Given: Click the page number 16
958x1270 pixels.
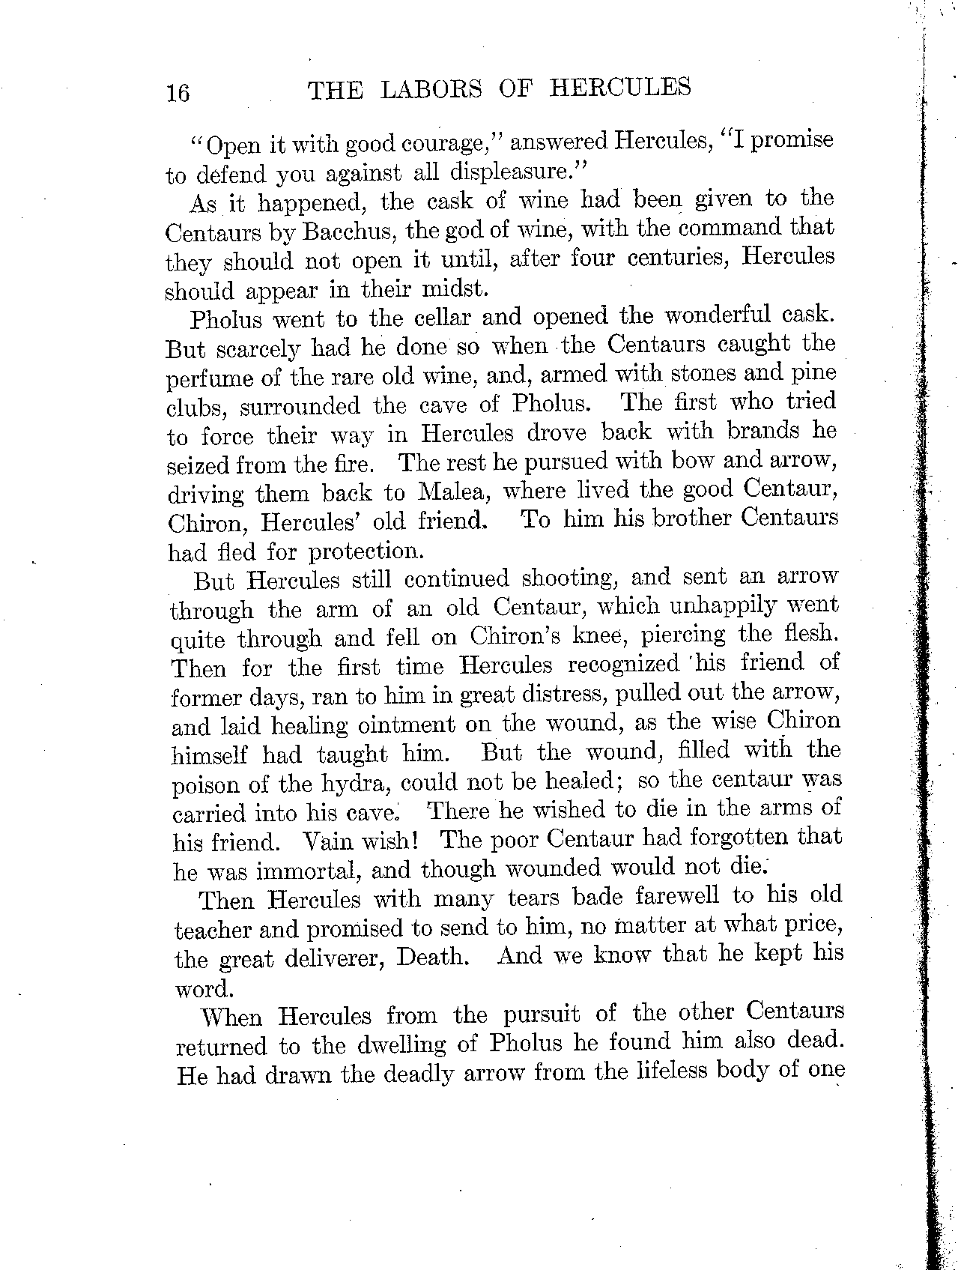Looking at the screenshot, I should pyautogui.click(x=178, y=92).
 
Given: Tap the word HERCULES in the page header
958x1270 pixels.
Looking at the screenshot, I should pyautogui.click(x=619, y=88).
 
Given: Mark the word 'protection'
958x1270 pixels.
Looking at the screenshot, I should pyautogui.click(x=367, y=551).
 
